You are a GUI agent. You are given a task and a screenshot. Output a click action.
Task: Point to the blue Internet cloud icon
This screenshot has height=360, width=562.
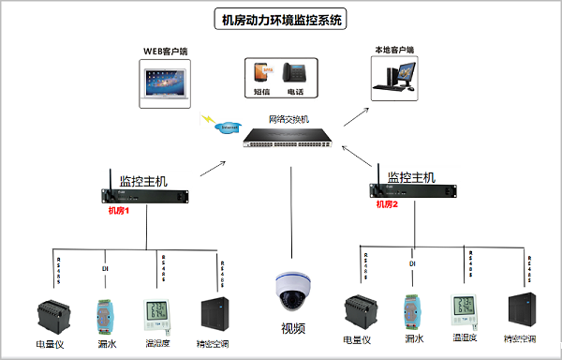point(227,127)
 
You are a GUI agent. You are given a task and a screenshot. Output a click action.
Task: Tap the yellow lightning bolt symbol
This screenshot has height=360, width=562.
point(204,118)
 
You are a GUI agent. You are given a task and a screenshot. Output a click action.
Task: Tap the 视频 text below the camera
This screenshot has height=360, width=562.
point(293,328)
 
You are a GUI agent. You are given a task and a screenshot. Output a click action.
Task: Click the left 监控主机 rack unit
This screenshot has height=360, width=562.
point(144,195)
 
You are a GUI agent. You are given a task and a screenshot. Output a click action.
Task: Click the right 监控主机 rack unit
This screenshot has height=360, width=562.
point(412,190)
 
